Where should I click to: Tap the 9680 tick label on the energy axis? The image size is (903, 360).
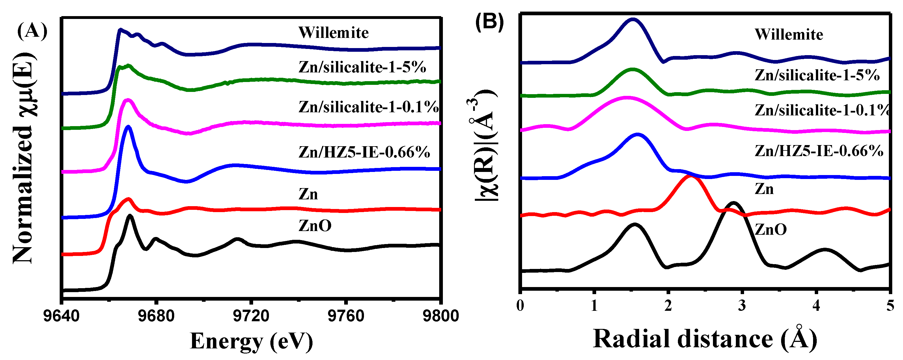pyautogui.click(x=156, y=316)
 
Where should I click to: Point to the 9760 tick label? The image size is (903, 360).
pyautogui.click(x=346, y=316)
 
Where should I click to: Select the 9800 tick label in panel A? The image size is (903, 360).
pyautogui.click(x=440, y=316)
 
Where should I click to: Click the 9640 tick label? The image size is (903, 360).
pyautogui.click(x=61, y=316)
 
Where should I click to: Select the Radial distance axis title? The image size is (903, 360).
pyautogui.click(x=704, y=339)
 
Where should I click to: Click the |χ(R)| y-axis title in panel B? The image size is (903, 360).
pyautogui.click(x=486, y=145)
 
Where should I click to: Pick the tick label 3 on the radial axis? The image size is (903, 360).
pyautogui.click(x=742, y=306)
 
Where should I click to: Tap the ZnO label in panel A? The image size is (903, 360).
pyautogui.click(x=315, y=226)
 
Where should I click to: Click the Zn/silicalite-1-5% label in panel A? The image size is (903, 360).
pyautogui.click(x=362, y=67)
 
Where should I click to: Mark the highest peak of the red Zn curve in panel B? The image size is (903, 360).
pyautogui.click(x=690, y=176)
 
